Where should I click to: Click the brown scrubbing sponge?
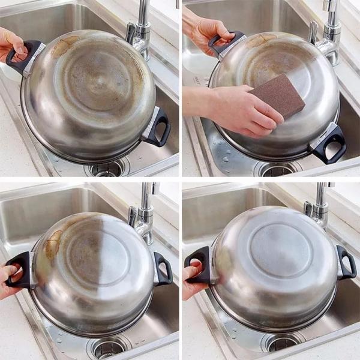(277, 96)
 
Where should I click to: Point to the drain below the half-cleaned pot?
(107, 347)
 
